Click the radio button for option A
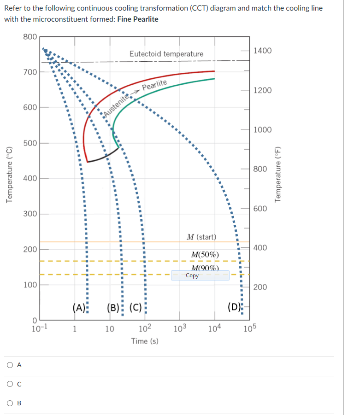pyautogui.click(x=10, y=365)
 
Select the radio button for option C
pyautogui.click(x=10, y=384)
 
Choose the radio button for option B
pyautogui.click(x=10, y=403)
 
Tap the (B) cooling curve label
pyautogui.click(x=112, y=307)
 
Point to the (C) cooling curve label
pyautogui.click(x=136, y=307)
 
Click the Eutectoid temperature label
pyautogui.click(x=166, y=54)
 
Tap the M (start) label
pyautogui.click(x=201, y=237)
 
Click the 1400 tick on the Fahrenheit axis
pyautogui.click(x=263, y=51)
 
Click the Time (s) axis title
pyautogui.click(x=145, y=341)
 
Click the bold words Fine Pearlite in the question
pyautogui.click(x=138, y=19)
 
